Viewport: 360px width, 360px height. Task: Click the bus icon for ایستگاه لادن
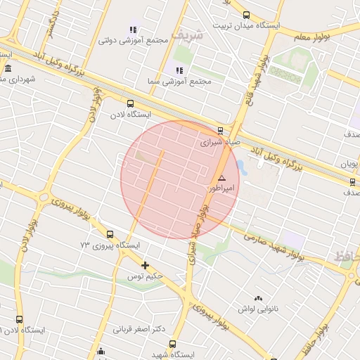130,103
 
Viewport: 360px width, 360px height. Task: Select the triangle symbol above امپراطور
221,179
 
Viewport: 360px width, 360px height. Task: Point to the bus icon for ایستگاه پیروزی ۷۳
110,234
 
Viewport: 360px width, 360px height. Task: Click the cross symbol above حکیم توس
146,265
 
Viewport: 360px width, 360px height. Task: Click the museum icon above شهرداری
8,68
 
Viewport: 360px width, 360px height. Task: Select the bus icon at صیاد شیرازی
221,130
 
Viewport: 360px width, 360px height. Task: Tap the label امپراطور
221,188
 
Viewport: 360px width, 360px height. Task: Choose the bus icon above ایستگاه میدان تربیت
246,14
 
